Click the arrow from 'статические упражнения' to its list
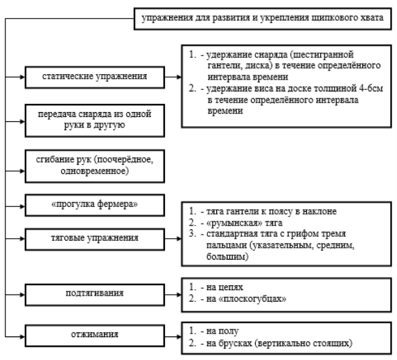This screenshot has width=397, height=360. pos(173,77)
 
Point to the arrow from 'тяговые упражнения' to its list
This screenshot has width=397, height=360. pos(173,239)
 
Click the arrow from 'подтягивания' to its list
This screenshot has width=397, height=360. pos(173,295)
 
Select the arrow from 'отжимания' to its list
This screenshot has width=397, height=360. pos(173,336)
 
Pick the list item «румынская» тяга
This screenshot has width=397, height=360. pos(245,223)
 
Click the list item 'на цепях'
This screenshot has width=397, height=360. pos(224,287)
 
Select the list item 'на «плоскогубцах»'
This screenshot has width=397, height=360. pos(246,299)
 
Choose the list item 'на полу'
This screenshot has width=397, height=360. pos(222,331)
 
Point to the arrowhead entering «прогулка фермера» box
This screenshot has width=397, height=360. pos(23,207)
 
